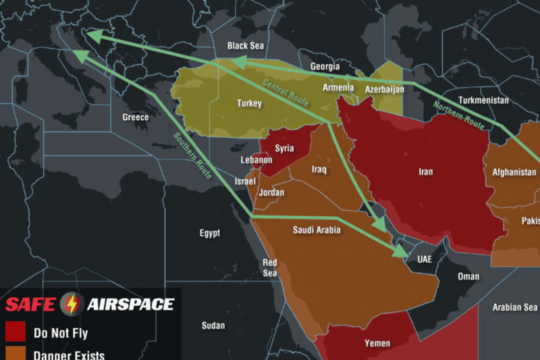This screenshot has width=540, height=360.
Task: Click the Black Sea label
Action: pos(246,46)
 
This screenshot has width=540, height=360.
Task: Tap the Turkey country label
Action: pos(248,103)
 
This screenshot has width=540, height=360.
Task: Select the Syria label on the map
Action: pos(284,148)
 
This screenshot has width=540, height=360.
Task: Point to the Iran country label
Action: pos(425,172)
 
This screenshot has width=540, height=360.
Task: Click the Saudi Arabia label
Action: pos(317,230)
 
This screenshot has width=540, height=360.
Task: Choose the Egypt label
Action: pos(209,233)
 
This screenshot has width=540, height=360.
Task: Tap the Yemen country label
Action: pos(377,343)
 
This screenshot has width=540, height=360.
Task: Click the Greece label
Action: pos(135,117)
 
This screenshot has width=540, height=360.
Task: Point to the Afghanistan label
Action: pos(514,172)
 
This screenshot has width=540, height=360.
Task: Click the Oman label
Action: pos(468,276)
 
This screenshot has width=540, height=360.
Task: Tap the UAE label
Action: pos(425,259)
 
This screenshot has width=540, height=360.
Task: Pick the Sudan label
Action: pos(213,326)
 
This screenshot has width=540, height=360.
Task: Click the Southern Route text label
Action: pos(193,155)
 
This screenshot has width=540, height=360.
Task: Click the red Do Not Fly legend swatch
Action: pos(16,332)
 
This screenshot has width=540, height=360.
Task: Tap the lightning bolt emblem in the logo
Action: pos(70,304)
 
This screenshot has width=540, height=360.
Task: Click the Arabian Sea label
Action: pos(515,307)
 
